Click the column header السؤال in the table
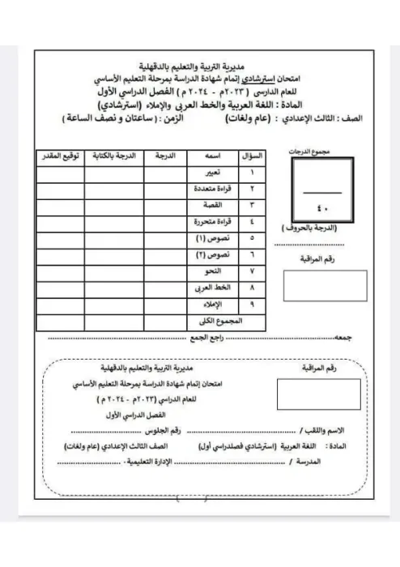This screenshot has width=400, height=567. click(x=252, y=155)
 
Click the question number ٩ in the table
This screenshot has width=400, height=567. click(x=252, y=305)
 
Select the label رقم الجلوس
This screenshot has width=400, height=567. click(x=180, y=429)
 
